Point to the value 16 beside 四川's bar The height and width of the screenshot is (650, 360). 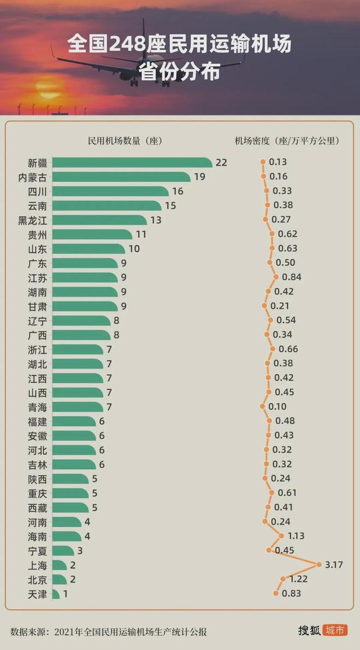click(x=178, y=191)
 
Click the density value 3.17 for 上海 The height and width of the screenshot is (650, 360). click(x=333, y=564)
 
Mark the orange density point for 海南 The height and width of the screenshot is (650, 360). click(x=281, y=535)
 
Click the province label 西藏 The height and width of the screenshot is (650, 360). click(x=37, y=508)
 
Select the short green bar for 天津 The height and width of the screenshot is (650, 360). click(x=56, y=593)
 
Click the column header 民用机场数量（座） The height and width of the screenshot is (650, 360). click(x=125, y=141)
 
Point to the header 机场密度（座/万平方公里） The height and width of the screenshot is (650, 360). click(x=287, y=141)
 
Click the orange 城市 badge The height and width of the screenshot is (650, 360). click(x=334, y=630)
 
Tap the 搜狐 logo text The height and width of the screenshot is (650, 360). click(x=309, y=630)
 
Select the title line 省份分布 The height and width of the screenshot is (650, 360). click(x=179, y=71)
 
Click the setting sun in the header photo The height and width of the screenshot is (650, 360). click(x=45, y=87)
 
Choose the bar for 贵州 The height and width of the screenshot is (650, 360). click(x=92, y=234)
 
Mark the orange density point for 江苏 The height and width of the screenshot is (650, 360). click(x=276, y=277)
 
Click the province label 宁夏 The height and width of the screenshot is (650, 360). click(x=37, y=550)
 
